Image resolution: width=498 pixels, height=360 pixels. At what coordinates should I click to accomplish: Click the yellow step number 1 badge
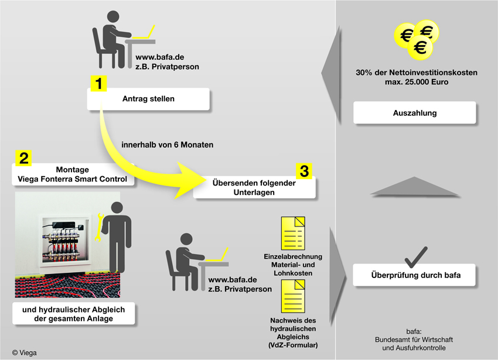click(99, 84)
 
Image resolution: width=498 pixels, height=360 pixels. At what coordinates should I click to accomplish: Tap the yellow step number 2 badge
click(23, 158)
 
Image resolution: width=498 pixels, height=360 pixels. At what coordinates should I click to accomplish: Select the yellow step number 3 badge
click(304, 171)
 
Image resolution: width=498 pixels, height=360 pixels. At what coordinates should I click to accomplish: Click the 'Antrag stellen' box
click(148, 99)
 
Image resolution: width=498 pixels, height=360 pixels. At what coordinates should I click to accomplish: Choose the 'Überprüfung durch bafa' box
click(414, 275)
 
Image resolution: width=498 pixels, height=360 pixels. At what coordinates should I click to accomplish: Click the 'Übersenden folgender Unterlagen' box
click(254, 188)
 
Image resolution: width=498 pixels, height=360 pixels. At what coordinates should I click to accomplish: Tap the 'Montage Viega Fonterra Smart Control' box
click(73, 174)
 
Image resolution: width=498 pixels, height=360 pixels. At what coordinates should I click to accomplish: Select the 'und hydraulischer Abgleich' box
click(73, 314)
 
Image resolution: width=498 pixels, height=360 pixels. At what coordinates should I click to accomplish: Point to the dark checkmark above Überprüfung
click(416, 257)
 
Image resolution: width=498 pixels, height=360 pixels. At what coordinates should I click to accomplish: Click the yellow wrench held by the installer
click(99, 227)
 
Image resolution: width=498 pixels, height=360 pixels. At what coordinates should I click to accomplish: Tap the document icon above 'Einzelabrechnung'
click(293, 234)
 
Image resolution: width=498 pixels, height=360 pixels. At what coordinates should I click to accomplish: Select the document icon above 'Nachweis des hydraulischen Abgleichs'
click(293, 296)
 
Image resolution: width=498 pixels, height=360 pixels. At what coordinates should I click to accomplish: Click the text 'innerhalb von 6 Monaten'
click(168, 145)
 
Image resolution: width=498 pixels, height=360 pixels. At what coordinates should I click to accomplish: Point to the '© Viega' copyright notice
click(25, 353)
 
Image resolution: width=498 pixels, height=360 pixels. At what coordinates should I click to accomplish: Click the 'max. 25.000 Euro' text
click(417, 82)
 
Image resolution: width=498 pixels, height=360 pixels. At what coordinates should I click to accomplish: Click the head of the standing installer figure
click(117, 208)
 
